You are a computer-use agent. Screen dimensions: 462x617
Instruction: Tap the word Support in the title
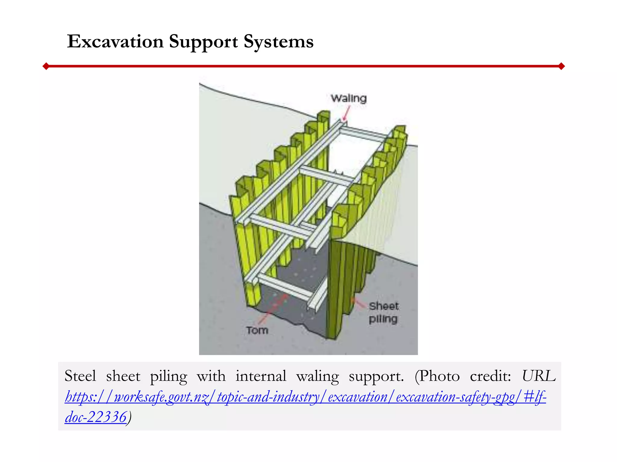coord(203,42)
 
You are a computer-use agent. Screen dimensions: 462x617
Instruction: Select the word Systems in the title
coord(279,42)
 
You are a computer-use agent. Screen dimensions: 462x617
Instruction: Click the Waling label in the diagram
coord(349,99)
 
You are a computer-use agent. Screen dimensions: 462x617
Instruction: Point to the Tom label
coord(257,330)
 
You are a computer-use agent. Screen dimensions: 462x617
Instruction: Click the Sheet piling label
coord(384,313)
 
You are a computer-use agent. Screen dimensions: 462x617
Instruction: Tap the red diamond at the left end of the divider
coord(46,66)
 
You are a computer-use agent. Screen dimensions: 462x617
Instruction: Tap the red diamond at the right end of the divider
coord(561,66)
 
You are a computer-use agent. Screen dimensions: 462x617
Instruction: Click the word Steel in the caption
coord(80,376)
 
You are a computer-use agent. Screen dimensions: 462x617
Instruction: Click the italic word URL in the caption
coord(538,376)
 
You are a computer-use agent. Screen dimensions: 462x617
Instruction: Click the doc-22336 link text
coord(96,417)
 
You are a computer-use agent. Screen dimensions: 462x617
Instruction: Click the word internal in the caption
coord(261,376)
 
